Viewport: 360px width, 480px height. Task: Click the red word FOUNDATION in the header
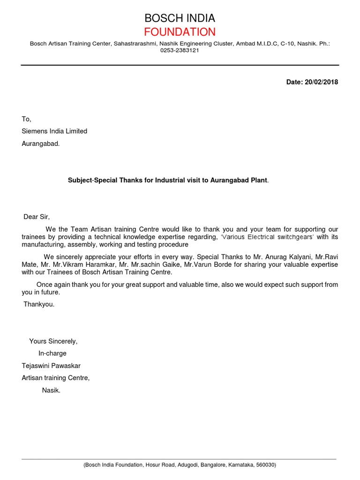click(180, 32)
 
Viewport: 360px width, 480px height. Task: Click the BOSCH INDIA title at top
click(180, 18)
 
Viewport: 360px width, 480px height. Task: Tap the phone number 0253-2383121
click(180, 51)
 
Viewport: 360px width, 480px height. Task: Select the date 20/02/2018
click(321, 82)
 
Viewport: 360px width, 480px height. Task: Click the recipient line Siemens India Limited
click(54, 131)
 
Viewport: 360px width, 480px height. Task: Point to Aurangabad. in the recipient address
click(41, 143)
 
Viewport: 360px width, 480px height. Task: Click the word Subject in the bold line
click(80, 180)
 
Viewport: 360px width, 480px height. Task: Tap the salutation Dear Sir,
click(37, 217)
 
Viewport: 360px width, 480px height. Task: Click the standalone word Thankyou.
click(39, 304)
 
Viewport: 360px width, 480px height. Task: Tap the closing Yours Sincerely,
click(53, 341)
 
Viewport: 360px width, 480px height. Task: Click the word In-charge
click(52, 353)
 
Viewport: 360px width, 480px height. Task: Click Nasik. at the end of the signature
click(51, 390)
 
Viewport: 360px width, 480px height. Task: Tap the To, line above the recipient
click(26, 119)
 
